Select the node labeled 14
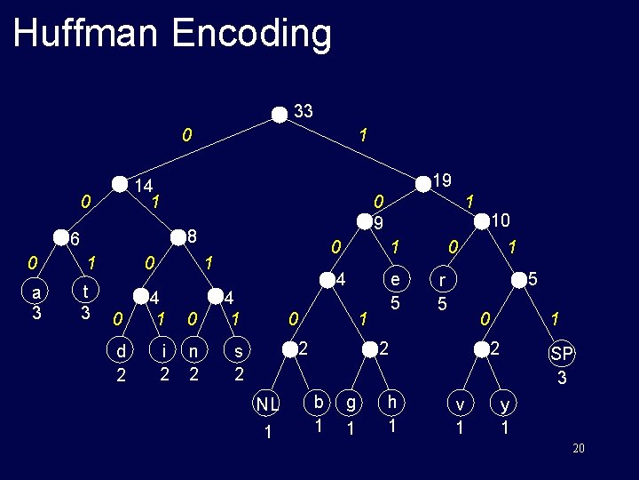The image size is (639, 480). tap(120, 184)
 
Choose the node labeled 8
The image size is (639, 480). tap(177, 236)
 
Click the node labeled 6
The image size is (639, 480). tap(61, 238)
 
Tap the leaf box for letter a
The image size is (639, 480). tap(35, 302)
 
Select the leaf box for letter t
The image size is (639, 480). tap(83, 302)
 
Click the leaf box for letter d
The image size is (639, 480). tap(121, 362)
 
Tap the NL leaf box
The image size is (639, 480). tap(268, 416)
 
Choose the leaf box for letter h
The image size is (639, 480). tap(391, 413)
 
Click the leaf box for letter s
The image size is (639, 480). tap(238, 362)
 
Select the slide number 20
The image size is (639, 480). tap(579, 448)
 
